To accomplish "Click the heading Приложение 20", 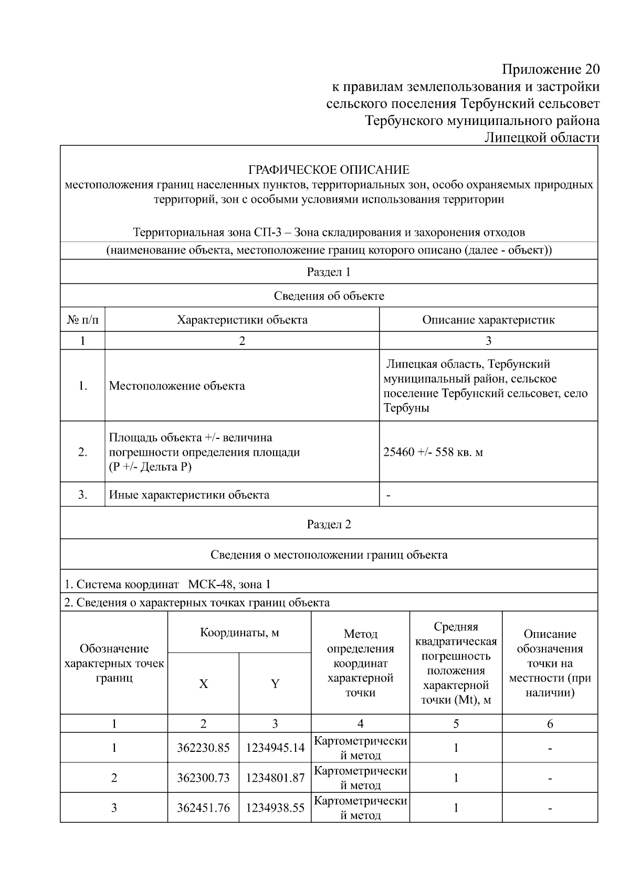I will pyautogui.click(x=550, y=69).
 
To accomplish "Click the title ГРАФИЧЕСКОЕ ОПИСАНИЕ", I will pyautogui.click(x=329, y=170).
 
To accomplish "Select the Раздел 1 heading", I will pyautogui.click(x=329, y=272).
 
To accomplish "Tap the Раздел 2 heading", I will pyautogui.click(x=329, y=525).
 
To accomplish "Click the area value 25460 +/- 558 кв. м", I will pyautogui.click(x=433, y=452).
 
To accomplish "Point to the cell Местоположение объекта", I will pyautogui.click(x=177, y=386).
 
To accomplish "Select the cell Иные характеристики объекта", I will pyautogui.click(x=189, y=495).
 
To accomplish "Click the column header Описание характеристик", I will pyautogui.click(x=488, y=320).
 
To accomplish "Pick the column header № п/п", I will pyautogui.click(x=82, y=320).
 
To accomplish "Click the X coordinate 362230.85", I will pyautogui.click(x=203, y=748).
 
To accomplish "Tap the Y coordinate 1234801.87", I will pyautogui.click(x=275, y=778).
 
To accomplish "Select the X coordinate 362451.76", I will pyautogui.click(x=203, y=808).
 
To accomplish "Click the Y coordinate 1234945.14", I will pyautogui.click(x=275, y=748).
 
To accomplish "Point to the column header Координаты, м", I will pyautogui.click(x=239, y=632).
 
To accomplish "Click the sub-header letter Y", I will pyautogui.click(x=275, y=684).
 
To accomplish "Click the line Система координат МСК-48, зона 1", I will pyautogui.click(x=168, y=584).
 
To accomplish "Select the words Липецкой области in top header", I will pyautogui.click(x=541, y=138).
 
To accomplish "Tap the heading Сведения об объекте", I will pyautogui.click(x=329, y=296).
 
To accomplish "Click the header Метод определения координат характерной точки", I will pyautogui.click(x=360, y=663).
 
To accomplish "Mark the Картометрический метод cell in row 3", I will pyautogui.click(x=360, y=808).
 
